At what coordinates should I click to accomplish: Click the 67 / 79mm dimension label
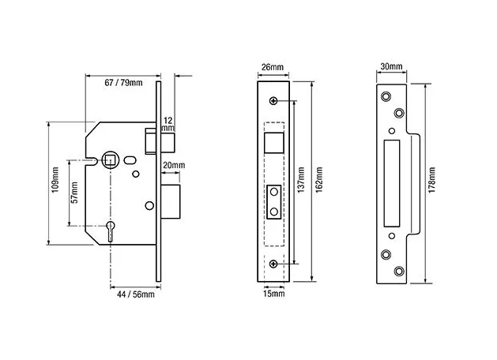tap(123, 83)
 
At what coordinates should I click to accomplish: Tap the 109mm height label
tap(55, 180)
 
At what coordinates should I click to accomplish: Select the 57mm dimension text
tap(74, 193)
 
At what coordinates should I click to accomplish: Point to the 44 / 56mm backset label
tap(136, 294)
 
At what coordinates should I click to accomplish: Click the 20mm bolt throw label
tap(174, 165)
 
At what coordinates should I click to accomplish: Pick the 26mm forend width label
tap(273, 67)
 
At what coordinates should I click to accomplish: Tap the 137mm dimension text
tap(301, 180)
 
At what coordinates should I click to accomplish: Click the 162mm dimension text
tap(319, 180)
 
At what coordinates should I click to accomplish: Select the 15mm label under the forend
tap(274, 294)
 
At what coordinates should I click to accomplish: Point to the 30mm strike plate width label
tap(391, 66)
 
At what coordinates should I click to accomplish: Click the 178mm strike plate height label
tap(431, 180)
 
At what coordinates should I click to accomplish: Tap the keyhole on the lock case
tap(111, 231)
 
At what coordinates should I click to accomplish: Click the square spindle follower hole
tap(110, 161)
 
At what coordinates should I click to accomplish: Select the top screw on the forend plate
tap(273, 101)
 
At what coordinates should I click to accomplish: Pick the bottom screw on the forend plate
tap(273, 264)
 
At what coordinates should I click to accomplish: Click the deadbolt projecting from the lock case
tap(171, 201)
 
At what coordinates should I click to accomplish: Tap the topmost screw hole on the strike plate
tap(386, 96)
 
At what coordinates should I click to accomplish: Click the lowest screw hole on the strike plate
tap(399, 271)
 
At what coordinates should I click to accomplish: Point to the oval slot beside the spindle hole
tap(130, 160)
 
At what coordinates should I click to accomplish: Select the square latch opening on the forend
tap(274, 143)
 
